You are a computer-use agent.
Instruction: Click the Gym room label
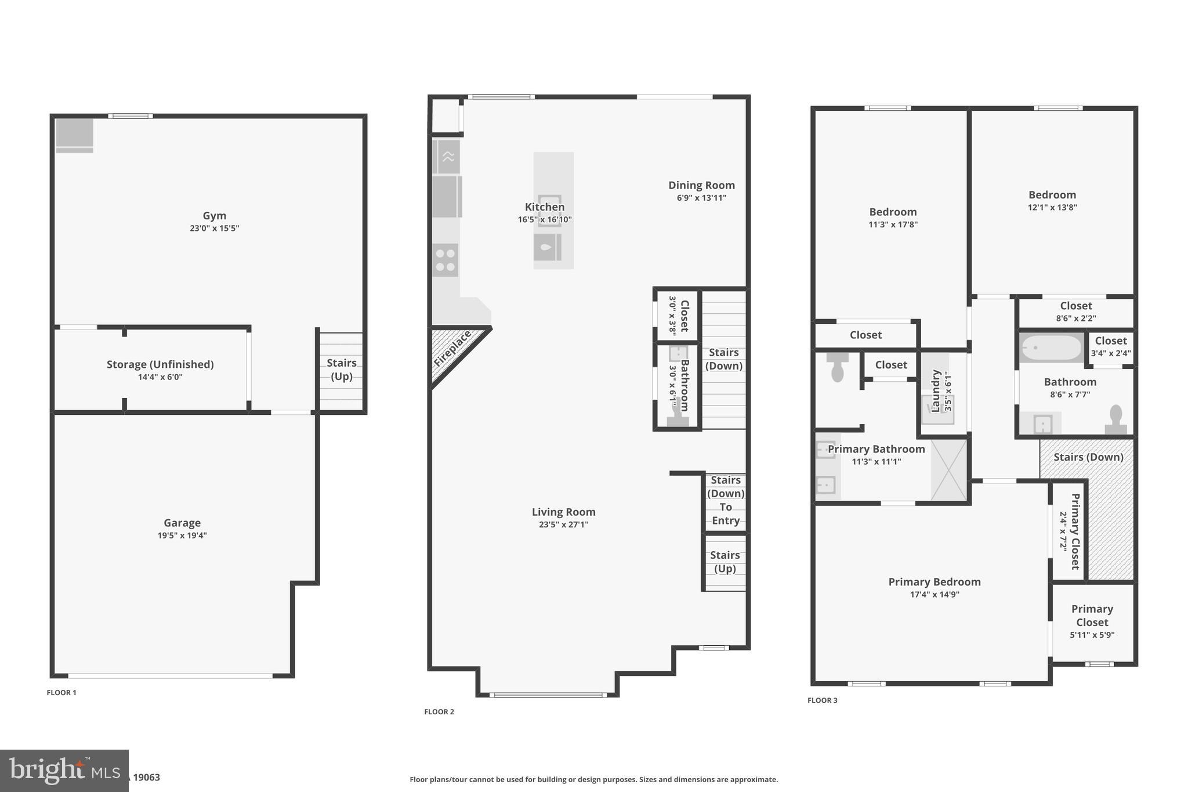[214, 216]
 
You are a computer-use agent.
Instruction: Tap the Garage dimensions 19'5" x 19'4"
[182, 536]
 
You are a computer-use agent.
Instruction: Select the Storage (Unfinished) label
[160, 364]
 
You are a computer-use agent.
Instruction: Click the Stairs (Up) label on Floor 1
[341, 370]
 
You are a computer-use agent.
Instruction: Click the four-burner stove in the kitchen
[445, 260]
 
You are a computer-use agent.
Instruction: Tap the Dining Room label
[701, 185]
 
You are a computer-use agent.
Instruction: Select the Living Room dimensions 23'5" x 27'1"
[563, 525]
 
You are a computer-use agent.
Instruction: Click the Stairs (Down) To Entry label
[725, 500]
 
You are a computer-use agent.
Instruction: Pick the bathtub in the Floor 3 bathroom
[1051, 348]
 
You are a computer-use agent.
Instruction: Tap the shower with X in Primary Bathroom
[949, 470]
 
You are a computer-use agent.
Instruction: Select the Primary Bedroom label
[934, 582]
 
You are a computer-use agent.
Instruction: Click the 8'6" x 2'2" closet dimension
[1075, 318]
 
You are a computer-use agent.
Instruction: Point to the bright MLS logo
[64, 771]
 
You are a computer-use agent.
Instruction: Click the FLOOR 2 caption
[439, 712]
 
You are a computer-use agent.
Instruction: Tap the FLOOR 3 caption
[822, 700]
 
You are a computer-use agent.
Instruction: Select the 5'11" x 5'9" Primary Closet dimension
[1092, 635]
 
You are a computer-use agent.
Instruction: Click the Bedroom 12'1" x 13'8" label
[1052, 195]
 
